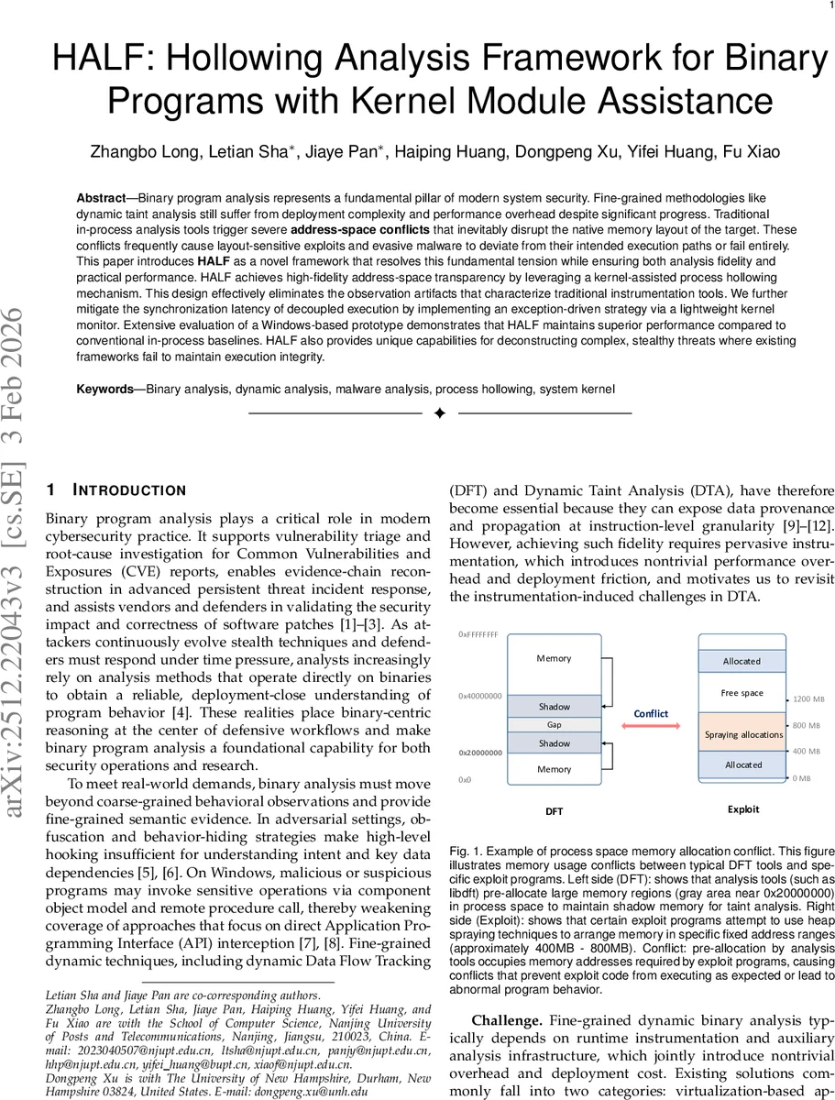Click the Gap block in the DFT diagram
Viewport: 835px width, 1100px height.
coord(555,724)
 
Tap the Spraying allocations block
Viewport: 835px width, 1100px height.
coord(742,734)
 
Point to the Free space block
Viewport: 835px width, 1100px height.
coord(742,693)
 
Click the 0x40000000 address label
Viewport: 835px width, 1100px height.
coord(480,697)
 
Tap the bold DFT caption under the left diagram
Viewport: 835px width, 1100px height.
coord(555,810)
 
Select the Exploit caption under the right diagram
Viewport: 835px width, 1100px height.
coord(742,809)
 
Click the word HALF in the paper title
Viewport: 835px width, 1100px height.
coord(90,60)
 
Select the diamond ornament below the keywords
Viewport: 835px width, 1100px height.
coord(439,414)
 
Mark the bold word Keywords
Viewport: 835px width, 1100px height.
coord(104,389)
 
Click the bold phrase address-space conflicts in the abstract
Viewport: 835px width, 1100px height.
coord(359,228)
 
